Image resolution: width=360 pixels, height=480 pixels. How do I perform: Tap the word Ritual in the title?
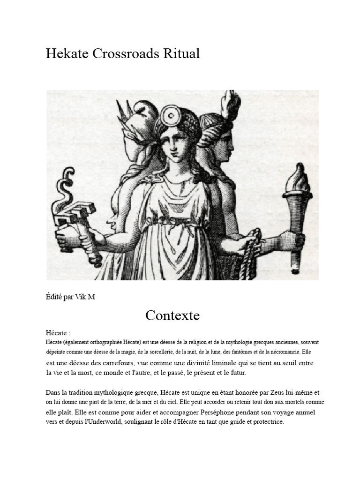coord(181,54)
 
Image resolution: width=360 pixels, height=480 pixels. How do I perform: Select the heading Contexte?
coord(172,315)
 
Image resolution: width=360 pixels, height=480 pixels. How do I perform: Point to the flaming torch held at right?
coord(296,220)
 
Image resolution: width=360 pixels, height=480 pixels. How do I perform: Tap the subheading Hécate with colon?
coord(58,333)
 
